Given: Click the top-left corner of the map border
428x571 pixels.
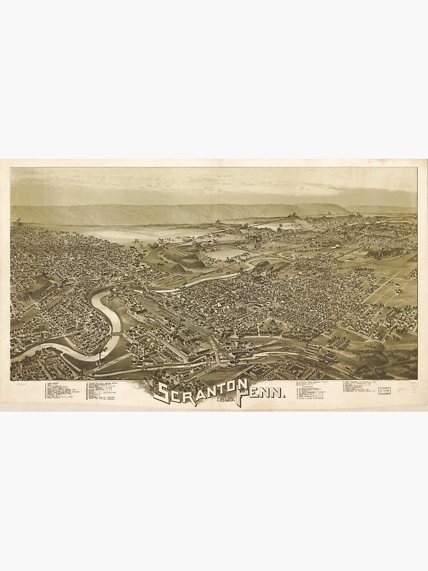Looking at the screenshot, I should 11,167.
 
